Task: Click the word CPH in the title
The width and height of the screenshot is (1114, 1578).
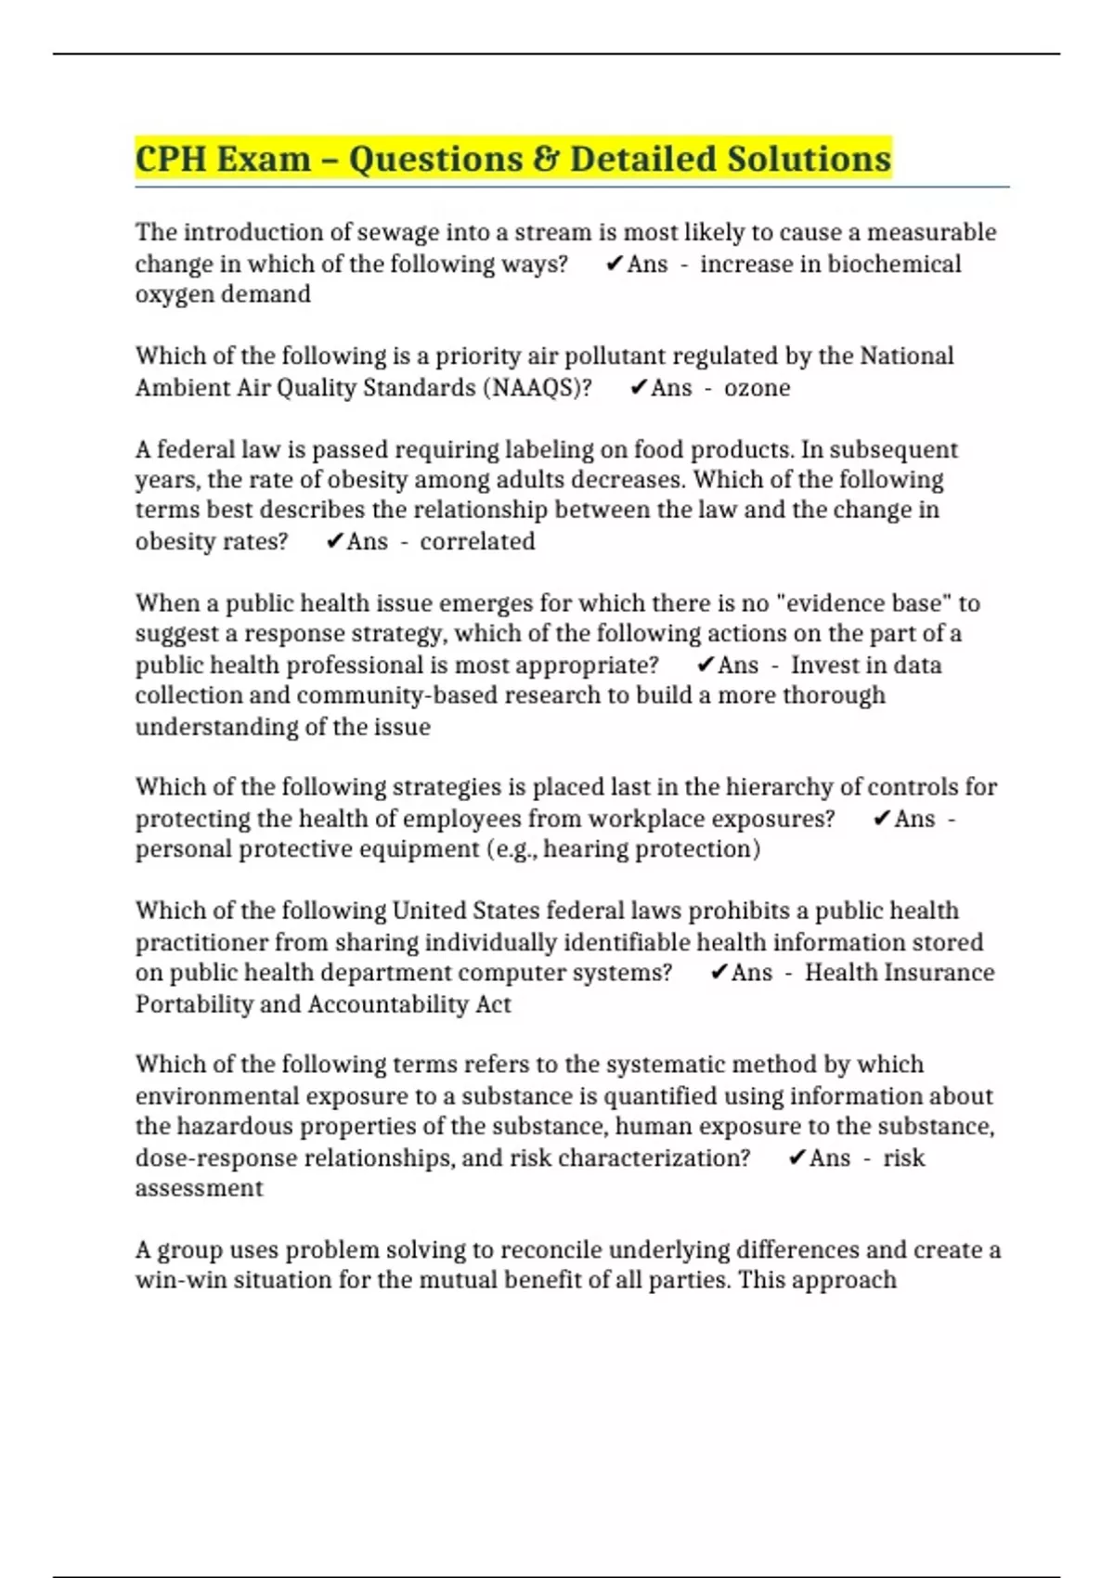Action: pyautogui.click(x=171, y=159)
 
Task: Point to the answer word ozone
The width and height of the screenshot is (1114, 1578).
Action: pyautogui.click(x=757, y=387)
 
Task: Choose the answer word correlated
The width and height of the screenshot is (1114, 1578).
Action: pyautogui.click(x=477, y=541)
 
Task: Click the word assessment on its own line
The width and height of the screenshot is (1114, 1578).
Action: pyautogui.click(x=199, y=1188)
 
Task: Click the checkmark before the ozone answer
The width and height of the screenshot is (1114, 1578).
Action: pyautogui.click(x=638, y=387)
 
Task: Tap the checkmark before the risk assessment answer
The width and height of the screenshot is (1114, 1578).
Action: pyautogui.click(x=797, y=1158)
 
